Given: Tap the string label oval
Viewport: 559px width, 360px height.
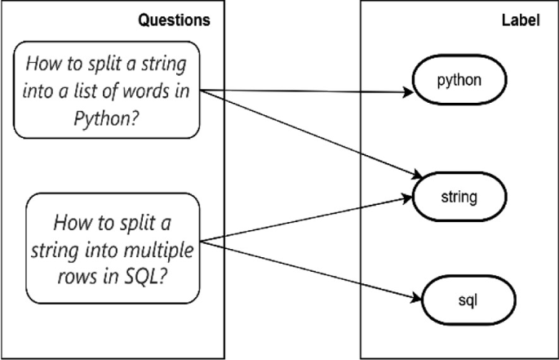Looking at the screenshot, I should [460, 197].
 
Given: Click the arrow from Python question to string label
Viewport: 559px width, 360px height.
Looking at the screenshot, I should [310, 131].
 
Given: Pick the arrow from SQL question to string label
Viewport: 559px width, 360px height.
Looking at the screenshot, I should [310, 218].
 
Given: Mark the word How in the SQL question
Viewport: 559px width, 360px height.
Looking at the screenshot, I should [72, 222].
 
